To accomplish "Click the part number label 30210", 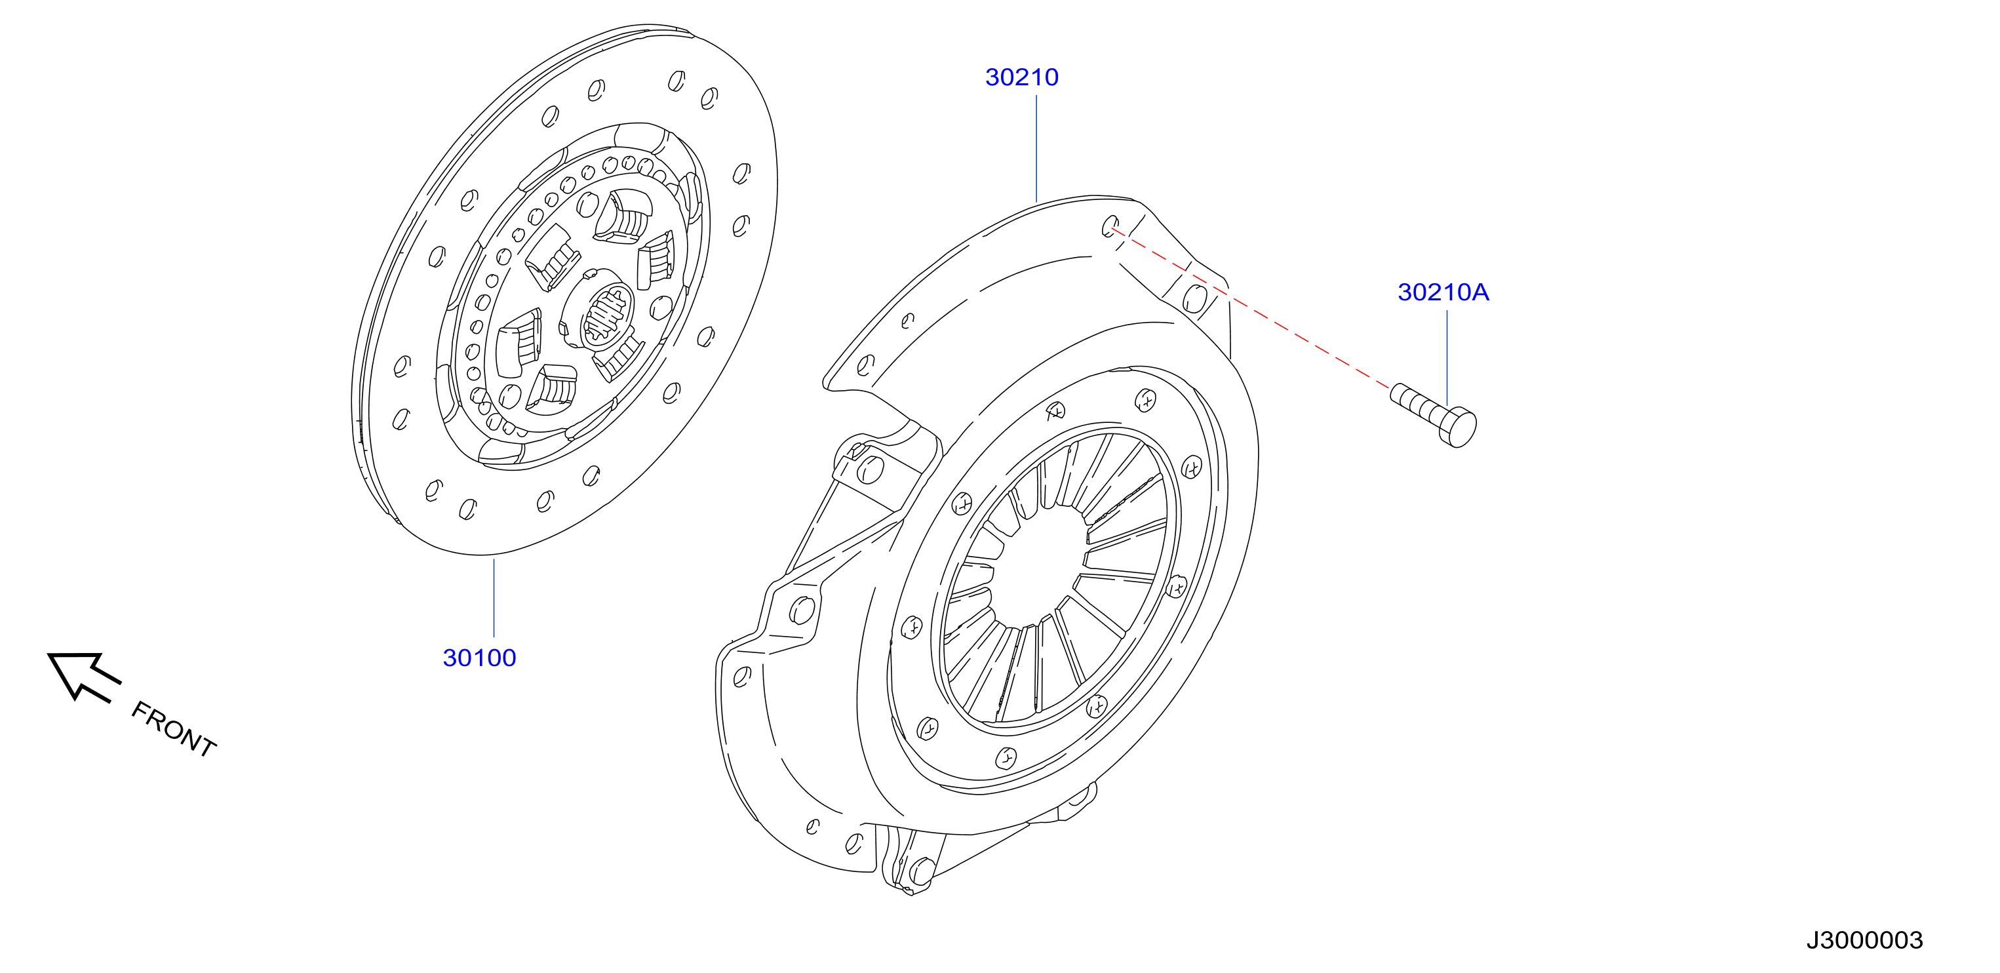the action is point(1022,77).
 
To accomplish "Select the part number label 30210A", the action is point(1443,292).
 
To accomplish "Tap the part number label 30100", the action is point(479,658).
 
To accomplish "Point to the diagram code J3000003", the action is point(1864,940).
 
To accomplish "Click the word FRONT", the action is point(173,728).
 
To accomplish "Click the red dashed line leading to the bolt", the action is point(1251,308).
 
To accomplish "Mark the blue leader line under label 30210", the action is point(1036,148).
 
